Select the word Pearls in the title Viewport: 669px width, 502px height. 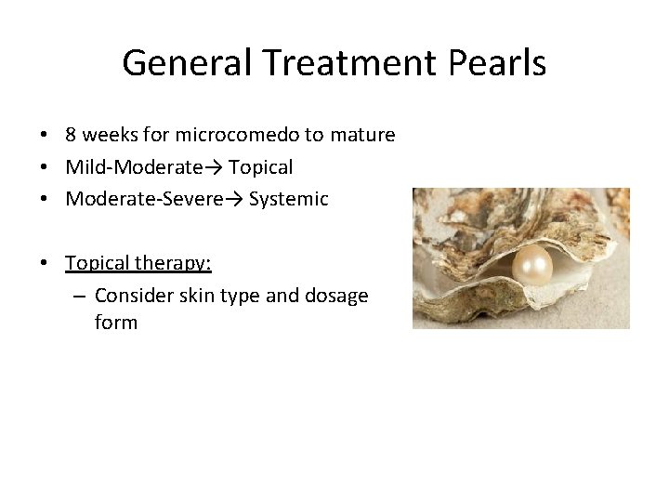coord(502,63)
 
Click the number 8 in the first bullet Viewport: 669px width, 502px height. coord(71,136)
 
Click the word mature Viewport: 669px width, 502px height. coord(362,136)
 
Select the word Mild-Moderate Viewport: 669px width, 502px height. coord(134,168)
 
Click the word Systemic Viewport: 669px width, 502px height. coord(288,199)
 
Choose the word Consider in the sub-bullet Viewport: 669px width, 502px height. coord(133,297)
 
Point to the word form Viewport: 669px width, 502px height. coord(116,324)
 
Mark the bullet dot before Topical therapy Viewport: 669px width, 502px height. coord(45,264)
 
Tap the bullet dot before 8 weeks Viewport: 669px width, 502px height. coord(45,136)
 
